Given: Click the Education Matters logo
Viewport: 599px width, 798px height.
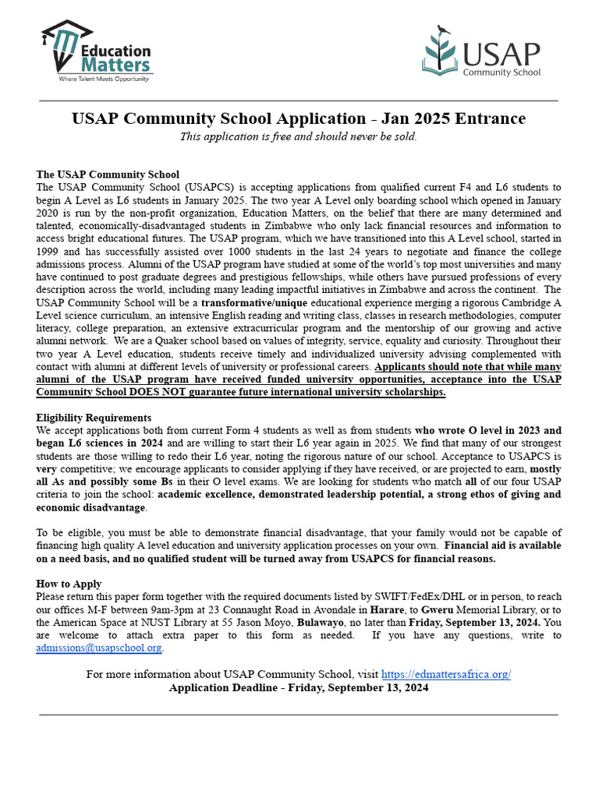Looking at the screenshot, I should [95, 50].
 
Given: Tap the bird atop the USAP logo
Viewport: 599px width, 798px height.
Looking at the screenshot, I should [444, 30].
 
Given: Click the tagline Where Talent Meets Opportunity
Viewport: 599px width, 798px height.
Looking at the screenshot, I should [105, 79].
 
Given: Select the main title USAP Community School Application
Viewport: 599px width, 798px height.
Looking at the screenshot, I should [299, 118].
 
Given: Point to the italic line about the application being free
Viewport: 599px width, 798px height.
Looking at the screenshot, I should [299, 136].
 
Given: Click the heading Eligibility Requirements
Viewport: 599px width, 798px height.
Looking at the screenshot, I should [94, 418].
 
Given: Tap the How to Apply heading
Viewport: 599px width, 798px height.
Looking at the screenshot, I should [69, 584].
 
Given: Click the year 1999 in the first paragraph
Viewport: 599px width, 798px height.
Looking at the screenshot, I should [48, 252].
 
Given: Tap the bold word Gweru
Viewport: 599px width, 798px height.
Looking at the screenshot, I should [439, 609].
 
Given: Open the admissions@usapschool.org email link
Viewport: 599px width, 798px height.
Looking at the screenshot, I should [99, 648].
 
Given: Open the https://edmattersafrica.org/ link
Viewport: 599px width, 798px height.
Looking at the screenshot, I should [445, 674].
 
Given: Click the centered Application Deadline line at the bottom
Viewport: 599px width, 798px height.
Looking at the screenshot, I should [299, 687].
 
